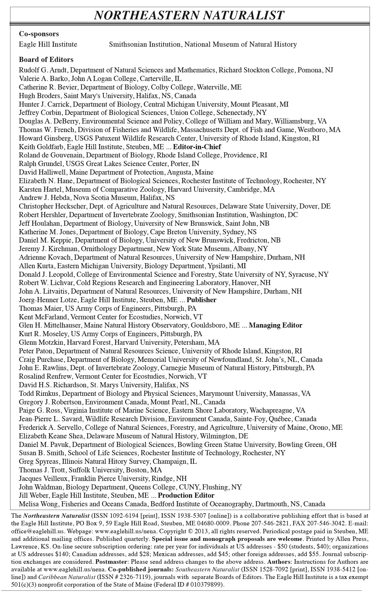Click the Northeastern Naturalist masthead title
coord(189,15)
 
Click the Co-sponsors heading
coord(39,34)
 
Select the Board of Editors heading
coord(46,60)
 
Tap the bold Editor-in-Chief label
coord(197,147)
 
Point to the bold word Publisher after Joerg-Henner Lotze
coord(202,300)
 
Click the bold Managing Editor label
coord(276,325)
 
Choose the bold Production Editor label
coord(186,496)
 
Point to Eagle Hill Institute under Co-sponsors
coord(48,44)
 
